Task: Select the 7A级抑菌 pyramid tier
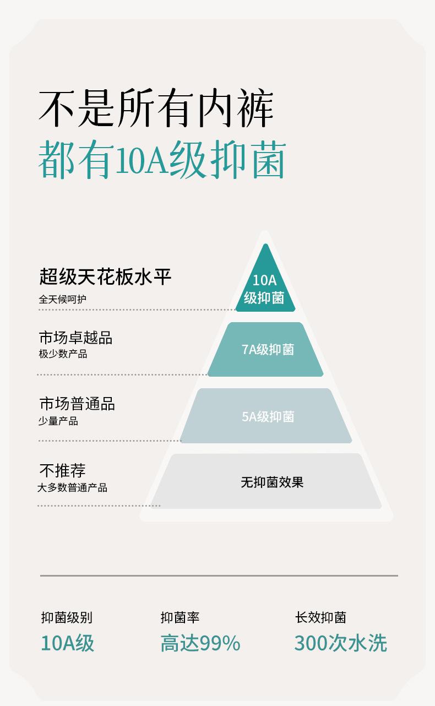click(x=266, y=350)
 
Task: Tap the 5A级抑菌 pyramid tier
click(x=267, y=416)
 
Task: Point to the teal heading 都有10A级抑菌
click(x=162, y=160)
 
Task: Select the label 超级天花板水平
click(x=105, y=276)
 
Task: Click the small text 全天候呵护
click(x=62, y=300)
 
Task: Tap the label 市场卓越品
click(x=75, y=337)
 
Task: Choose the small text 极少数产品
click(x=63, y=354)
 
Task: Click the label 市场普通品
click(x=77, y=404)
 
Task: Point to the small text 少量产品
click(x=58, y=421)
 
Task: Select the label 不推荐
click(x=62, y=471)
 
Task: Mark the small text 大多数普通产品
click(x=72, y=488)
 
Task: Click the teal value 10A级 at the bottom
click(x=68, y=643)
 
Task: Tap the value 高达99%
click(x=200, y=643)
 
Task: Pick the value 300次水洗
click(x=340, y=643)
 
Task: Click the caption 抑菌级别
click(x=67, y=618)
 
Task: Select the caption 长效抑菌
click(x=320, y=618)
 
